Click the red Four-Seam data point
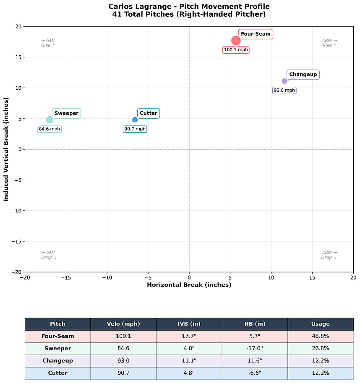click(236, 41)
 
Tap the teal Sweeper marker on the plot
click(50, 120)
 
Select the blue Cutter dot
click(135, 120)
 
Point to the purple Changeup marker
click(284, 81)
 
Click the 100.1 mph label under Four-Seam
click(236, 50)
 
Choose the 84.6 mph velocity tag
click(50, 129)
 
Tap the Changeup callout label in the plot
click(303, 75)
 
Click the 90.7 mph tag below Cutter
click(135, 129)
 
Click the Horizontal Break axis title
click(189, 285)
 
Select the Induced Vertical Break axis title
click(6, 149)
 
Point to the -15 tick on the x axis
click(66, 277)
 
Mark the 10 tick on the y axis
click(18, 88)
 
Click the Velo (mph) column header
click(123, 324)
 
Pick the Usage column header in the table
click(320, 324)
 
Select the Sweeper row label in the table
click(57, 349)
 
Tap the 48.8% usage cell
click(320, 336)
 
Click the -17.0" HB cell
click(254, 349)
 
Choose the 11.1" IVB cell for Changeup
click(189, 361)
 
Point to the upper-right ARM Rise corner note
click(329, 43)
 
